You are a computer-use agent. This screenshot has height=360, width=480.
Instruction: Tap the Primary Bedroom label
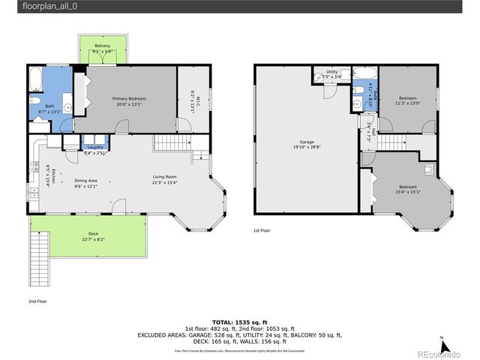[x=129, y=99]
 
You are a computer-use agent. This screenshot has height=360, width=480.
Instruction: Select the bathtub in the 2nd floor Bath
[x=35, y=79]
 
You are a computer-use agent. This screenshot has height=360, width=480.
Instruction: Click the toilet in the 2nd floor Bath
[x=35, y=100]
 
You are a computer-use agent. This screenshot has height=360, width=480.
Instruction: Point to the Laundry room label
[x=94, y=147]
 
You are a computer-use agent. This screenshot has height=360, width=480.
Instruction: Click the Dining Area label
[x=85, y=181]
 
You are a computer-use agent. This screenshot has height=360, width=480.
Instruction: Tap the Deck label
[x=94, y=235]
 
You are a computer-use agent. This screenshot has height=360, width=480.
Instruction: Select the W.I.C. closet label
[x=193, y=97]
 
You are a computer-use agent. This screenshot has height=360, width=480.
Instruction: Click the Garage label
[x=307, y=142]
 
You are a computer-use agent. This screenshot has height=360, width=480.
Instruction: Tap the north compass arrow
[x=444, y=345]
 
